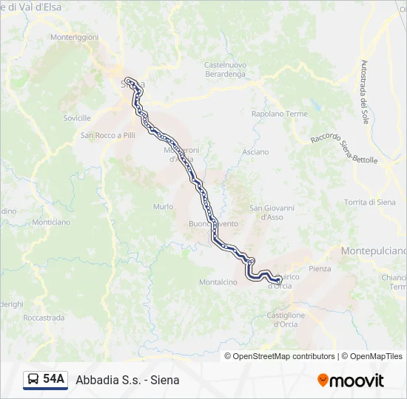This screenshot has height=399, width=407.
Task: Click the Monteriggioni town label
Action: (x=73, y=37)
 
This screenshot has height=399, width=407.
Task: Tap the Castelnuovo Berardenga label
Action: (x=224, y=69)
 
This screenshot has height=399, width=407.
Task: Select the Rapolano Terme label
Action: (x=279, y=114)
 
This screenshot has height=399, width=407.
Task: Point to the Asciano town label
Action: (x=255, y=151)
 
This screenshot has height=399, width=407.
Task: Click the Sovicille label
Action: (x=77, y=117)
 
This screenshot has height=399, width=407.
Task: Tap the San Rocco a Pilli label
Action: (x=108, y=135)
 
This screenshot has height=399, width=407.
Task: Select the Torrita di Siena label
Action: (x=370, y=202)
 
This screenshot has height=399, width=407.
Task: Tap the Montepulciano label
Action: (x=374, y=251)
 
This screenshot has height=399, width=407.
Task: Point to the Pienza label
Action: (x=320, y=268)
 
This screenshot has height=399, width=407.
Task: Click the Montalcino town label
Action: (x=218, y=282)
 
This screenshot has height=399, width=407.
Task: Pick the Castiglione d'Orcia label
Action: (x=285, y=319)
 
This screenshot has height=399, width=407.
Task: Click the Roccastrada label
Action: (x=44, y=317)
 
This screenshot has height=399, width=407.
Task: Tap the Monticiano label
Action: (x=51, y=222)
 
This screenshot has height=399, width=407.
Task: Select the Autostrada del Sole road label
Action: (x=363, y=92)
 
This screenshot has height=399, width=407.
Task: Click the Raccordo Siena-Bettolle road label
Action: (x=344, y=149)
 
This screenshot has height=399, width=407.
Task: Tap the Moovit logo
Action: (x=351, y=381)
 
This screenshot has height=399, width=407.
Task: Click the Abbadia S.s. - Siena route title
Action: (x=127, y=380)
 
